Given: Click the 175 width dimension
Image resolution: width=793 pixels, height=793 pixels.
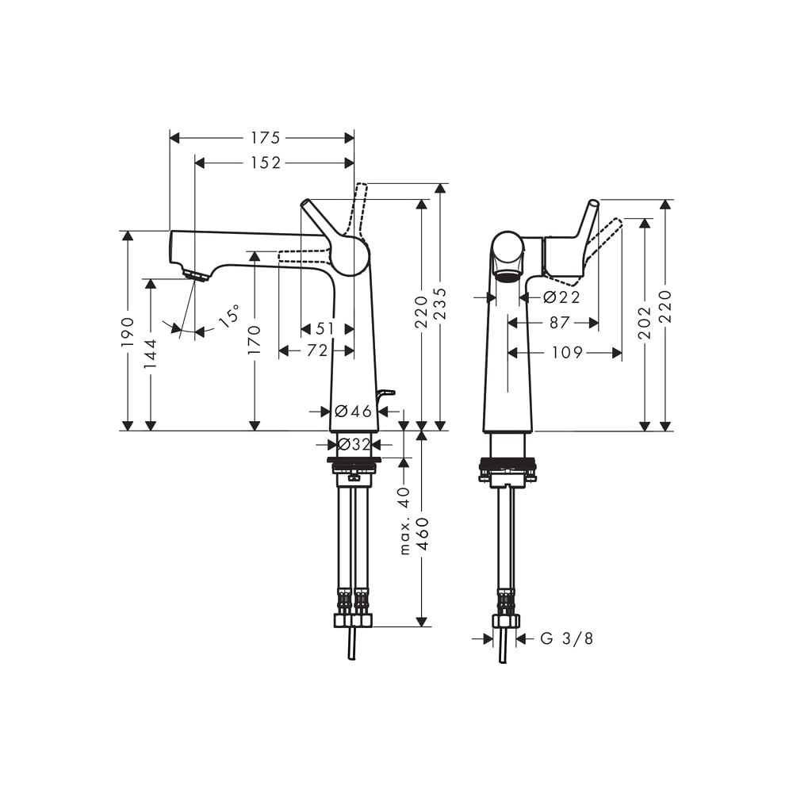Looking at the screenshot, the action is [x=266, y=137].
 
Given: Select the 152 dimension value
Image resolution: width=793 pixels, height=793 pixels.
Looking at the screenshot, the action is [x=266, y=163].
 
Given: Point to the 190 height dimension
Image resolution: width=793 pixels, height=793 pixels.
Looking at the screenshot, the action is [x=128, y=331].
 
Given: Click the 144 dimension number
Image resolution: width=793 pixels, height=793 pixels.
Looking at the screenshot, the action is [x=151, y=354].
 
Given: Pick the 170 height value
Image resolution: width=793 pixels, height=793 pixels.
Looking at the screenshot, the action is [x=255, y=339].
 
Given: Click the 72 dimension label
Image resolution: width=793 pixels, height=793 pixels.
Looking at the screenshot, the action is [x=317, y=351].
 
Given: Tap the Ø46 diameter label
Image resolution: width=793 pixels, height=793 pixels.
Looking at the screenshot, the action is [x=354, y=412].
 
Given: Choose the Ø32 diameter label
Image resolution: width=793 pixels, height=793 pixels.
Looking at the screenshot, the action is [x=354, y=445].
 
